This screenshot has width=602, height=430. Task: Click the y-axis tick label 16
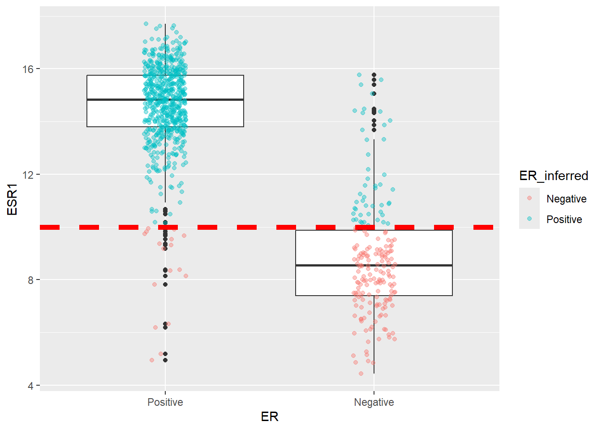[28, 69]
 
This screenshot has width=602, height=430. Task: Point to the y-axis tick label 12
[28, 175]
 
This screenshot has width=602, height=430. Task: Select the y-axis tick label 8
[30, 280]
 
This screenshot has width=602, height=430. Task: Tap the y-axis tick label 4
[30, 386]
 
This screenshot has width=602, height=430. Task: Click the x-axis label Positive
[165, 402]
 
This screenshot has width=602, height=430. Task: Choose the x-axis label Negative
[374, 402]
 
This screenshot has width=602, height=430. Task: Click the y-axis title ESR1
[12, 199]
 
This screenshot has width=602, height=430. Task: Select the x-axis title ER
[270, 417]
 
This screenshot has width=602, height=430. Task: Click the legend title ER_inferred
[554, 176]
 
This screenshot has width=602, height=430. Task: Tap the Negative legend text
[566, 199]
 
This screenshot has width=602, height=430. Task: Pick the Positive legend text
[564, 219]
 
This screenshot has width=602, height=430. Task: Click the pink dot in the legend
[529, 198]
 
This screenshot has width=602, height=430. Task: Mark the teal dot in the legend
[529, 219]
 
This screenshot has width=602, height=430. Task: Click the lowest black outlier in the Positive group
[165, 360]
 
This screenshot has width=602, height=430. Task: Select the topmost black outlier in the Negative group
[374, 75]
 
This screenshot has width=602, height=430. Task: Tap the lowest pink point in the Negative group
[361, 374]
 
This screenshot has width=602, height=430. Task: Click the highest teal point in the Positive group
[146, 24]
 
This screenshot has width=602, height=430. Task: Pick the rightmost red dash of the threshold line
[483, 227]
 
